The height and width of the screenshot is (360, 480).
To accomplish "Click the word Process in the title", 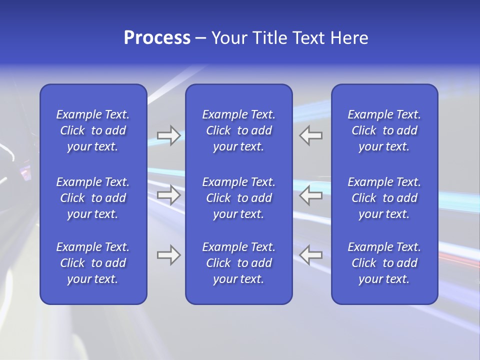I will click(x=157, y=38).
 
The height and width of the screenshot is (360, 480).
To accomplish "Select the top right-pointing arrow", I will click(x=168, y=135).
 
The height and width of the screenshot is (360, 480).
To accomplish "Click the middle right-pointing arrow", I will click(x=168, y=195).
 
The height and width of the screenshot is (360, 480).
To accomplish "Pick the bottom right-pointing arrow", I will click(x=168, y=255).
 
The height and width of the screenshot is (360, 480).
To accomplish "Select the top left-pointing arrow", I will click(x=311, y=135).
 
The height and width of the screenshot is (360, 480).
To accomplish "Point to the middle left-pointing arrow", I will click(x=311, y=195).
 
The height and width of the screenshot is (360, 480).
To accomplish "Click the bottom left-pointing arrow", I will click(x=311, y=255).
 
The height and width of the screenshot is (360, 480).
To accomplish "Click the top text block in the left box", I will click(x=93, y=130).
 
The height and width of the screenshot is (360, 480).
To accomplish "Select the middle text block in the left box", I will click(x=93, y=198).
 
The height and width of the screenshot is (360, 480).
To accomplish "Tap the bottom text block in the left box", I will click(x=93, y=263).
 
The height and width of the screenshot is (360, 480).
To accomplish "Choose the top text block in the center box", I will click(x=238, y=130).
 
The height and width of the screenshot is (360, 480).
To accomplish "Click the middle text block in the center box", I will click(x=238, y=198).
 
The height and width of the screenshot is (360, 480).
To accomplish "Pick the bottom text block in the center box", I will click(x=238, y=263).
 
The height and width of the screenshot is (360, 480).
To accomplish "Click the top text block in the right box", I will click(x=384, y=130).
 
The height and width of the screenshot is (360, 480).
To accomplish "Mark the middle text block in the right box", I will click(x=384, y=198).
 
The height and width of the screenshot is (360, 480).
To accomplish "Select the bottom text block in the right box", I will click(x=384, y=263).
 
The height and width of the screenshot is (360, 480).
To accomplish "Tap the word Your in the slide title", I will click(x=228, y=38).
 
